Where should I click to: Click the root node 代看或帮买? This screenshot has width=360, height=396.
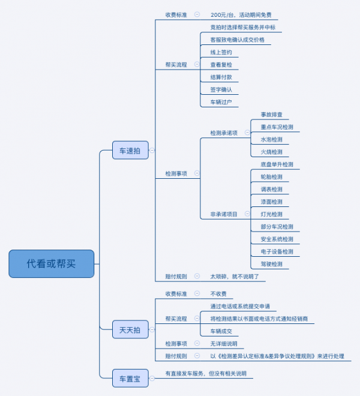52,263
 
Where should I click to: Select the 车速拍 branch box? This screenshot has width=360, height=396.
130,151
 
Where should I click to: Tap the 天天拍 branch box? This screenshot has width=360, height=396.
130,329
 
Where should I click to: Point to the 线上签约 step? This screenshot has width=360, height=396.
221,52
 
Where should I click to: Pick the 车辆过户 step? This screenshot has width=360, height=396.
221,102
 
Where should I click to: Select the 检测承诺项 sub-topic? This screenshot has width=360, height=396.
224,133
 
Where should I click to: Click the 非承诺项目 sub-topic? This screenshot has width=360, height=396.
224,214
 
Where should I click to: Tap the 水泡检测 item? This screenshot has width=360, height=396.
271,139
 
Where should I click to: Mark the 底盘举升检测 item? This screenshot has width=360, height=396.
277,164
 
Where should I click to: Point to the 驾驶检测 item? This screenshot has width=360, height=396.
271,264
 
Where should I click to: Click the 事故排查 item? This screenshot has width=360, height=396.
271,115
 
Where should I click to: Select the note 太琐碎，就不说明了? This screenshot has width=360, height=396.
234,277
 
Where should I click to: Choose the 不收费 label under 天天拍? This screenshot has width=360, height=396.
218,294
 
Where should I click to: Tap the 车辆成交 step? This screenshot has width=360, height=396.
221,331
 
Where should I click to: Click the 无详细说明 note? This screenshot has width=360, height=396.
223,344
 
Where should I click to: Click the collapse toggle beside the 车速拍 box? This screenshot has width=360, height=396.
152,151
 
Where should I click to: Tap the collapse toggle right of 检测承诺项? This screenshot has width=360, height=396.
247,133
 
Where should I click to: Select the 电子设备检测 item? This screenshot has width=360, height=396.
277,251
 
